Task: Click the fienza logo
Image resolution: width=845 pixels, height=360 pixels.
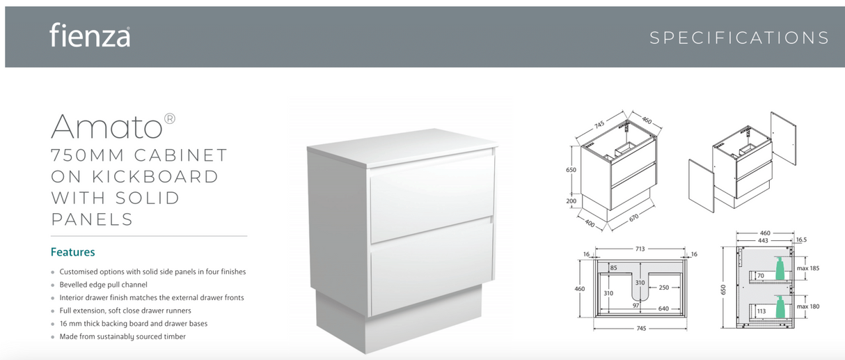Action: pyautogui.click(x=89, y=36)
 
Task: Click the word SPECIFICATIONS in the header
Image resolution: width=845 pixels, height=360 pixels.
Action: pyautogui.click(x=739, y=38)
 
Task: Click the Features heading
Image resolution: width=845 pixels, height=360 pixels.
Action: pyautogui.click(x=72, y=252)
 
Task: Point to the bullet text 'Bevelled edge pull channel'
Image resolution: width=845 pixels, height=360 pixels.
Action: pyautogui.click(x=103, y=285)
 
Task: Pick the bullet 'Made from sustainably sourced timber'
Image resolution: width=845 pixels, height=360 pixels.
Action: pyautogui.click(x=123, y=336)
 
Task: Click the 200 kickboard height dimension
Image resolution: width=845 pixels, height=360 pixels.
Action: pyautogui.click(x=571, y=201)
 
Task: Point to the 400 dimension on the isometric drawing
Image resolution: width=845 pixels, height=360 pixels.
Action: pyautogui.click(x=590, y=224)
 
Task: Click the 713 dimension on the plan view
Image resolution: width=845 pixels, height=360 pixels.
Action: pyautogui.click(x=640, y=249)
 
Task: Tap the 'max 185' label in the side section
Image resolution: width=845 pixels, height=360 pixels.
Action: pyautogui.click(x=807, y=268)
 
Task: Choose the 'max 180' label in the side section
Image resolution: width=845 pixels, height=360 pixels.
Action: pyautogui.click(x=807, y=306)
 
